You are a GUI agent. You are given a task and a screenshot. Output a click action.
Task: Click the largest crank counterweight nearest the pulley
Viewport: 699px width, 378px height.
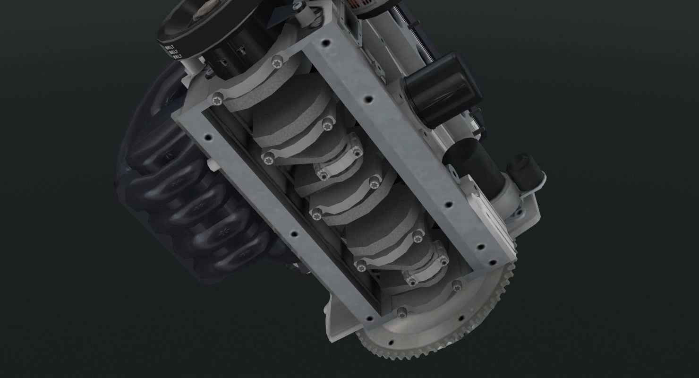pyautogui.click(x=283, y=111)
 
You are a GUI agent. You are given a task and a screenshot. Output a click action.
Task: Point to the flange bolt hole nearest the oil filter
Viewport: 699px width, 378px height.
pyautogui.click(x=368, y=100)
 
